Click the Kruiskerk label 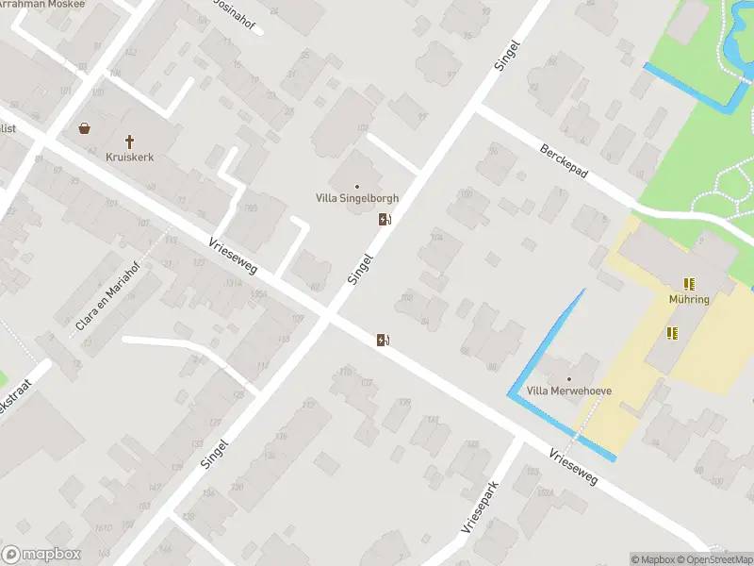pos(130,158)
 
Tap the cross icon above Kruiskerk pos(130,141)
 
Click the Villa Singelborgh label pos(356,199)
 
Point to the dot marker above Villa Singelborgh pos(356,186)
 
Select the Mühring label pos(690,299)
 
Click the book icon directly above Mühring pos(690,284)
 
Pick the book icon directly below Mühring pos(672,332)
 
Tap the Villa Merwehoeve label pos(568,391)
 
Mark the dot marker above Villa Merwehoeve pos(568,378)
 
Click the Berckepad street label pos(564,163)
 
